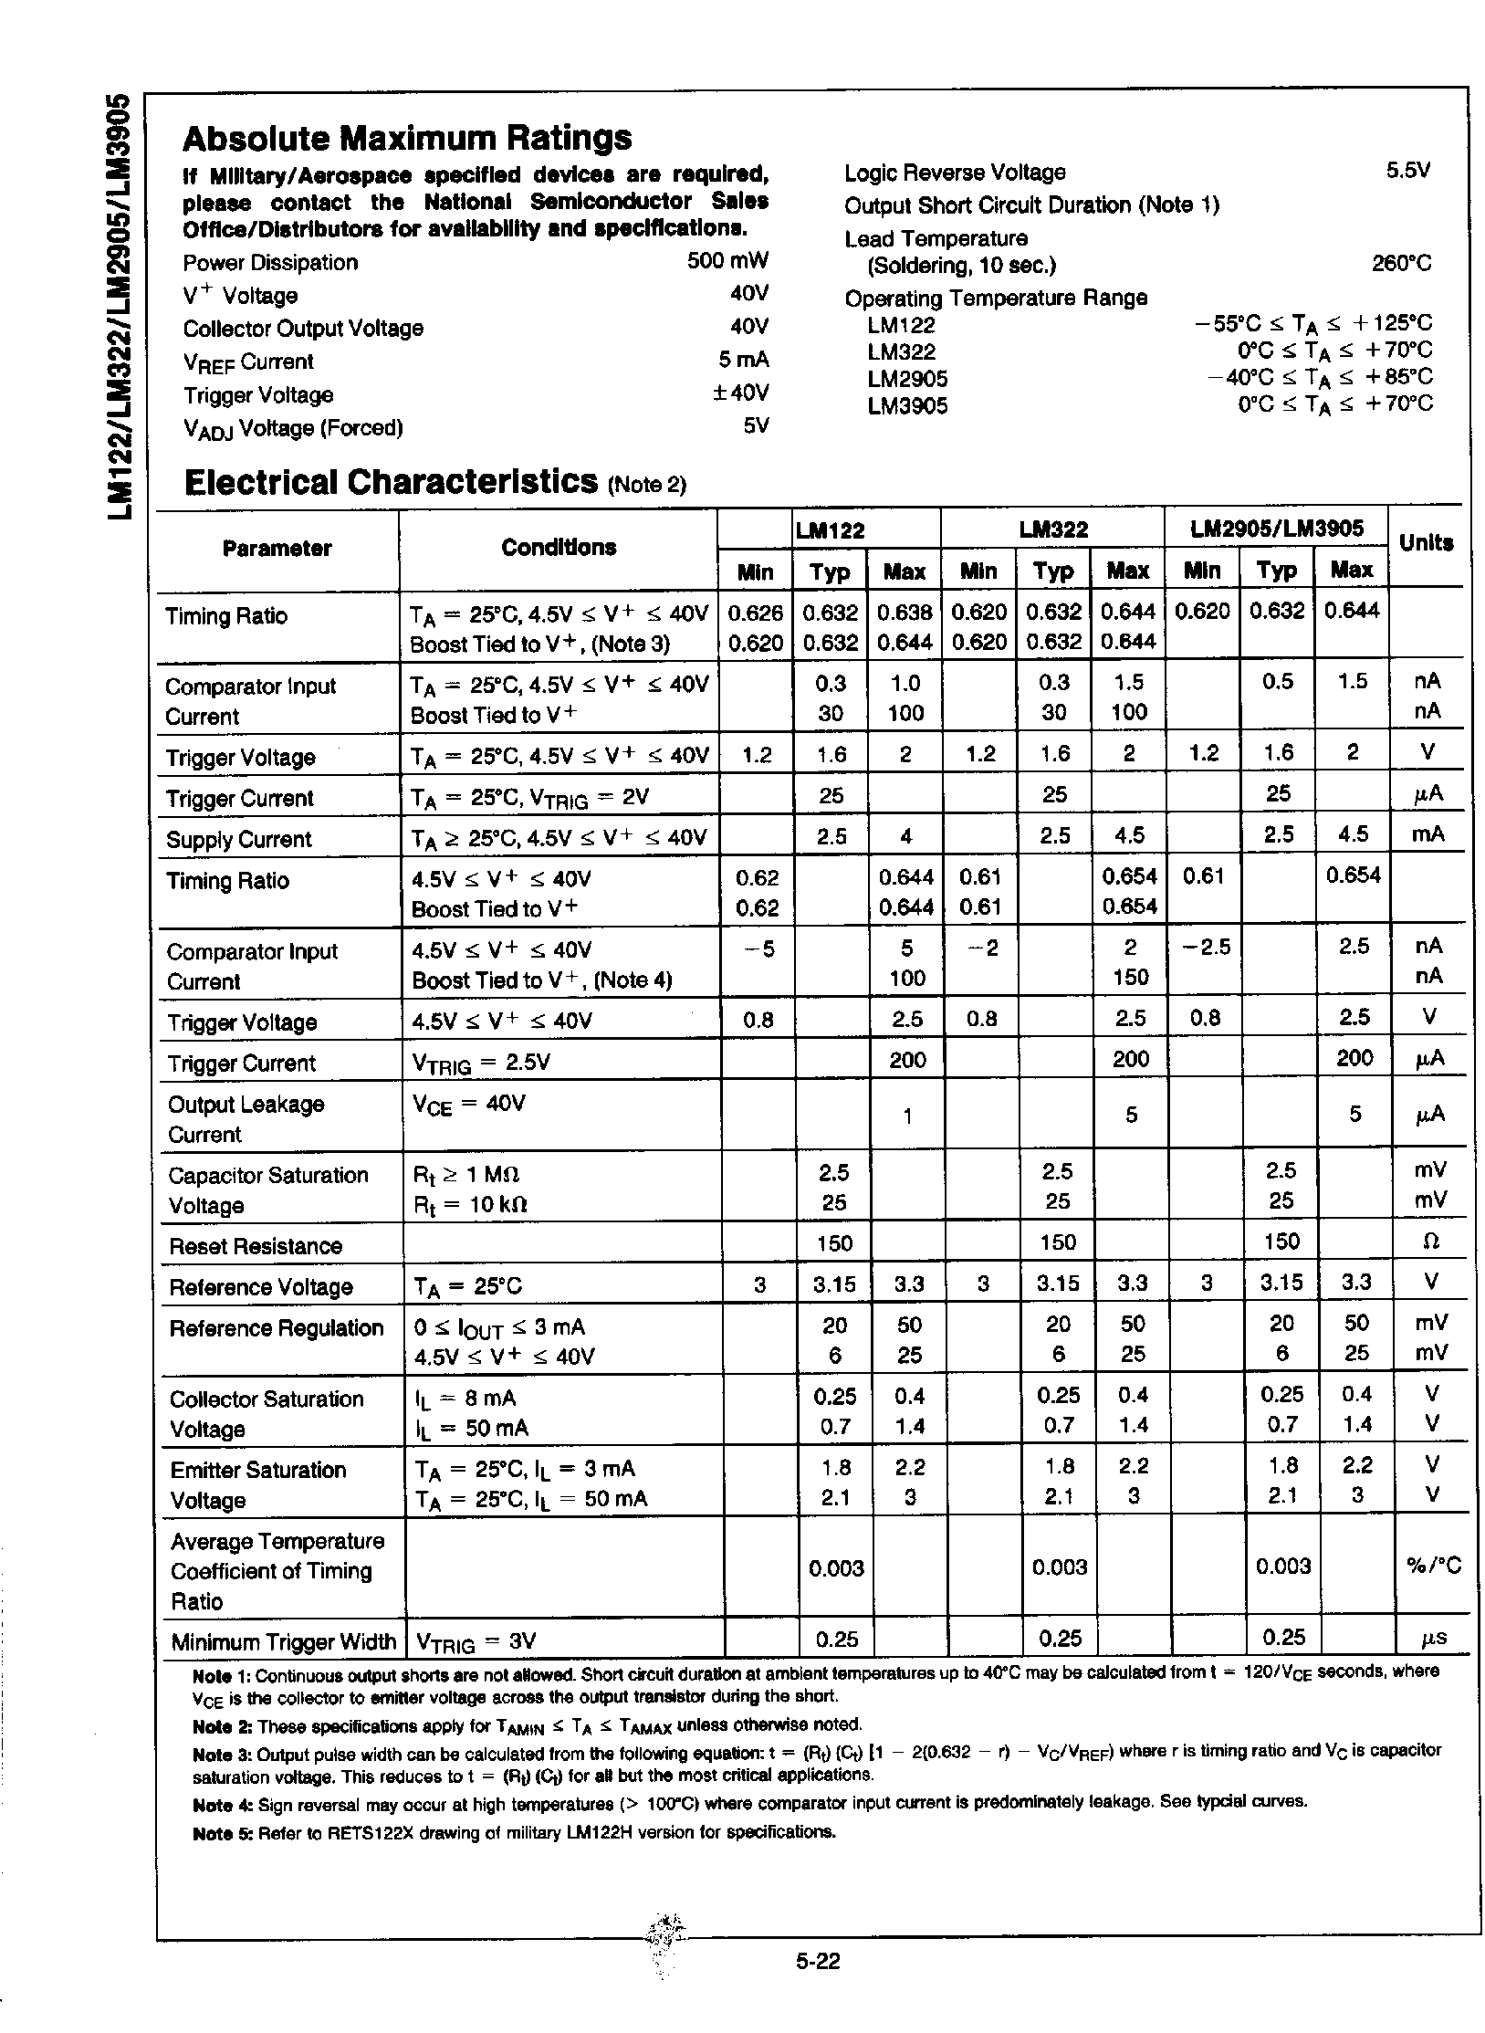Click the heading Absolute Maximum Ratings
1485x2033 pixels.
point(406,139)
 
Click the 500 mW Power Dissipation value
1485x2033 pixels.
point(727,261)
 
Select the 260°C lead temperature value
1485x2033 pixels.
point(1401,264)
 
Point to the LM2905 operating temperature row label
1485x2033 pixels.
point(907,378)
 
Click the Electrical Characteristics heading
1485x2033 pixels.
point(391,481)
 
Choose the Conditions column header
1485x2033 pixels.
point(559,547)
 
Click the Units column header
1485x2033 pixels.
point(1426,542)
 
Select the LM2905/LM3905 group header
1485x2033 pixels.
point(1275,528)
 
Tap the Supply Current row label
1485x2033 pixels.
point(238,839)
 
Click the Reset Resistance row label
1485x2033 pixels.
point(256,1246)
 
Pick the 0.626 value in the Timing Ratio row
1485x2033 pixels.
point(755,613)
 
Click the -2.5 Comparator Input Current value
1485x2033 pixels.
point(1205,948)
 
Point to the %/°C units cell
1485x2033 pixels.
point(1433,1567)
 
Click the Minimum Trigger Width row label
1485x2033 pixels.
point(283,1642)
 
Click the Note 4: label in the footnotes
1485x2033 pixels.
point(223,1804)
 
